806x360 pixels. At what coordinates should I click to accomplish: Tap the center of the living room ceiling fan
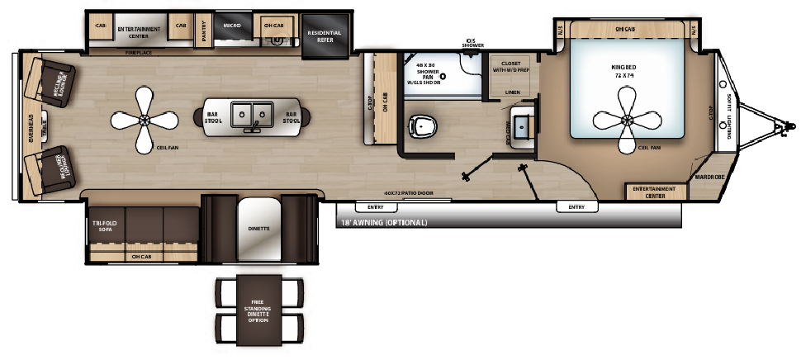(x=145, y=121)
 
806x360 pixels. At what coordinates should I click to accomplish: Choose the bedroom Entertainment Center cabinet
(x=656, y=191)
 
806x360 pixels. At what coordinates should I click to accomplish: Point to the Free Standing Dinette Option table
(x=259, y=311)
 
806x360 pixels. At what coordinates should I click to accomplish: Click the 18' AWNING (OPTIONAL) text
(x=384, y=223)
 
